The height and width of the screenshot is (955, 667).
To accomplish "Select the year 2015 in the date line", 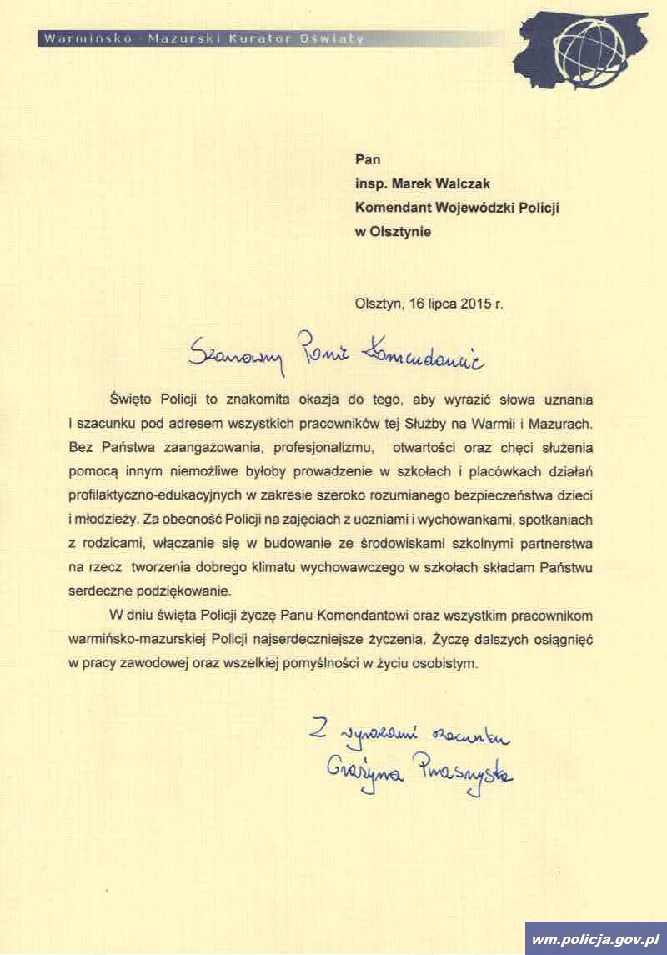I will (474, 304).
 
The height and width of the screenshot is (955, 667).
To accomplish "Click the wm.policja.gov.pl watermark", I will (595, 938).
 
